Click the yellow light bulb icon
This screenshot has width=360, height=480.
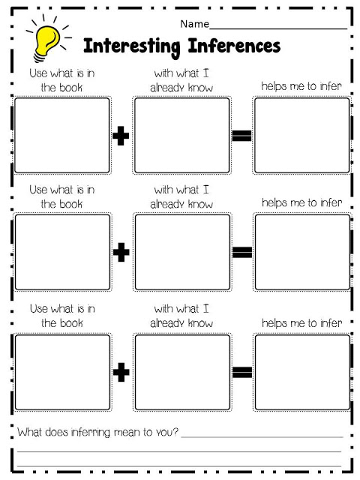pyautogui.click(x=46, y=42)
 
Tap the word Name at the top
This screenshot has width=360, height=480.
pyautogui.click(x=195, y=24)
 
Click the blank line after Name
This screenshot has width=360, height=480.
pyautogui.click(x=278, y=28)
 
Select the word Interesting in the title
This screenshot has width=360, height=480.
pyautogui.click(x=132, y=46)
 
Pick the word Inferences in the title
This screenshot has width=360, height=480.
pyautogui.click(x=234, y=46)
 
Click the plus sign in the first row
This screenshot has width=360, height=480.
pyautogui.click(x=121, y=136)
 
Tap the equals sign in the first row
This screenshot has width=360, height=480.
pyautogui.click(x=241, y=136)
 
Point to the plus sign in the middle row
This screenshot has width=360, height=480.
pyautogui.click(x=121, y=252)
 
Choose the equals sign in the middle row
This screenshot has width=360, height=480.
pyautogui.click(x=242, y=252)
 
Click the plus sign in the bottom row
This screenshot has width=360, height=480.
pyautogui.click(x=121, y=372)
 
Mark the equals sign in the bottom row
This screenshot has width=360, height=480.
pyautogui.click(x=242, y=372)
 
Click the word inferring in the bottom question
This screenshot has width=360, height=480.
pyautogui.click(x=90, y=433)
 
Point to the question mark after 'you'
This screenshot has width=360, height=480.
pyautogui.click(x=175, y=432)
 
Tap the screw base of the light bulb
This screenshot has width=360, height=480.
pyautogui.click(x=40, y=57)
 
